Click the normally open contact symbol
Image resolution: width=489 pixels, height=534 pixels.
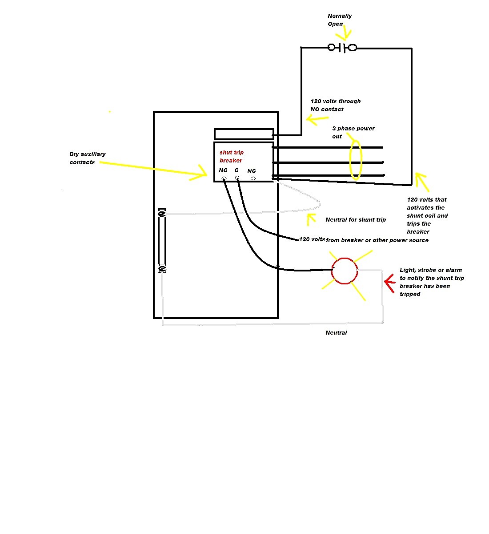tap(342, 48)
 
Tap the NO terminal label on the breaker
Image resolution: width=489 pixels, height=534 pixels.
tap(223, 170)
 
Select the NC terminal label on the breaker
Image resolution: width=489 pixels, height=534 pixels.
tap(252, 171)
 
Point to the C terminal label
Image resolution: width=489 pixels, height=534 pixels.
tap(236, 170)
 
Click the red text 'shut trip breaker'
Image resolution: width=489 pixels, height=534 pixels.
tap(231, 156)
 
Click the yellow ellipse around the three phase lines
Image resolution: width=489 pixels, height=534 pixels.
tap(350, 160)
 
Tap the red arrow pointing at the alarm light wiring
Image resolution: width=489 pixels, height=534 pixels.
tap(390, 283)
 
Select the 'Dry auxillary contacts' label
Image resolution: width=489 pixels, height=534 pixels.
tap(87, 158)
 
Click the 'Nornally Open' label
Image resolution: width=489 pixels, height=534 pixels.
tap(340, 20)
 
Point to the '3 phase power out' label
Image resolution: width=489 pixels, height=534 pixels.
tap(353, 132)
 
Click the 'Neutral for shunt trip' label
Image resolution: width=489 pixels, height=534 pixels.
tap(356, 220)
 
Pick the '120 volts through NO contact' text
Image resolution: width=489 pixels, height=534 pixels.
tap(335, 105)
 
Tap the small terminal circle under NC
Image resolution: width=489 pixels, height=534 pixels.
tap(253, 178)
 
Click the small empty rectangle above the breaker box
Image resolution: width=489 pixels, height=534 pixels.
tap(244, 134)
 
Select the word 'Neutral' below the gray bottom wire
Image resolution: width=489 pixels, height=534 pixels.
tap(336, 332)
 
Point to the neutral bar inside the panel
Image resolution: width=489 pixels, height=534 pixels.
tap(162, 241)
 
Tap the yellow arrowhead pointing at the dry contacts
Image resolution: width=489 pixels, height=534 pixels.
tap(201, 173)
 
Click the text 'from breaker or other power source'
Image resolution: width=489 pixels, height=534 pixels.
tap(377, 240)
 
